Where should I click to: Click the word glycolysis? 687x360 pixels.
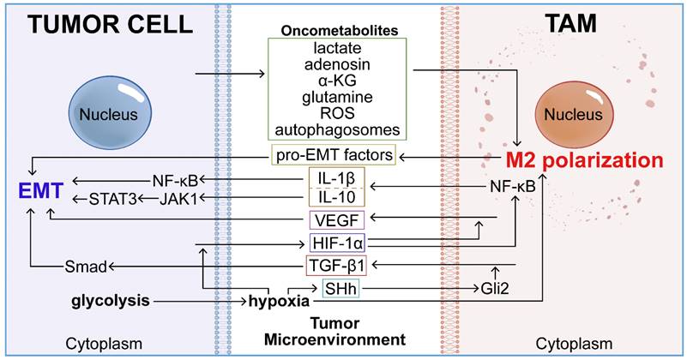[x=112, y=300]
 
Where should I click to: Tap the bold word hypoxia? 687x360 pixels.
[x=277, y=301]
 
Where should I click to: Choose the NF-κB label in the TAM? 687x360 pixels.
[x=515, y=186]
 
